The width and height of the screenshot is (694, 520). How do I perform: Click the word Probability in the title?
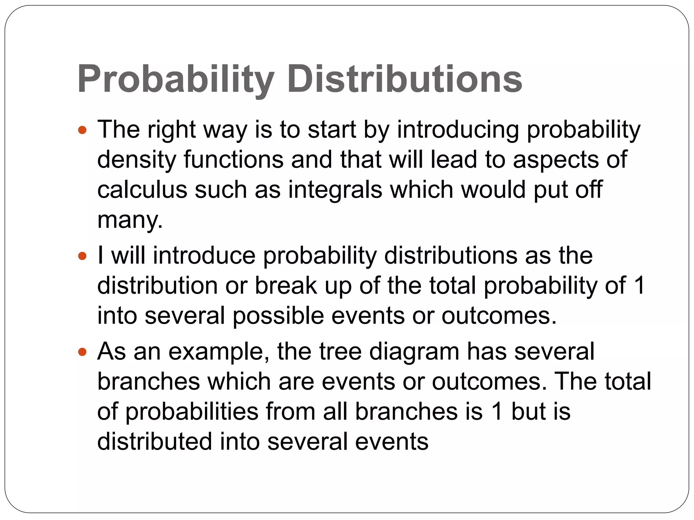pyautogui.click(x=176, y=80)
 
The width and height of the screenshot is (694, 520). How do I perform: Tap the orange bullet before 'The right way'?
pyautogui.click(x=82, y=130)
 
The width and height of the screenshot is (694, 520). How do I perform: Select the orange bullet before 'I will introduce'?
pyautogui.click(x=82, y=256)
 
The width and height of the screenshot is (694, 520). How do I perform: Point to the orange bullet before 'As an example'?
pyautogui.click(x=82, y=352)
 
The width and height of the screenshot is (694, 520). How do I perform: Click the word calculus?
pyautogui.click(x=142, y=190)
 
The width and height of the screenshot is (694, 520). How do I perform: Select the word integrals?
pyautogui.click(x=335, y=190)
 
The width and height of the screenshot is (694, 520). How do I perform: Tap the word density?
pyautogui.click(x=137, y=160)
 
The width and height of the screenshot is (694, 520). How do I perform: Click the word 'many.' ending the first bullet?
pyautogui.click(x=130, y=220)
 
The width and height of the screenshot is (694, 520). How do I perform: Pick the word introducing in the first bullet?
pyautogui.click(x=458, y=130)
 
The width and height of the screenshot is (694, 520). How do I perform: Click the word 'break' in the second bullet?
pyautogui.click(x=286, y=285)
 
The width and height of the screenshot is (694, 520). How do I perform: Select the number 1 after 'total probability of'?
pyautogui.click(x=639, y=285)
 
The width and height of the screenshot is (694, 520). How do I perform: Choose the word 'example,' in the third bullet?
pyautogui.click(x=219, y=352)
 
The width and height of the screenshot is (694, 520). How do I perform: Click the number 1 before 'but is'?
pyautogui.click(x=497, y=412)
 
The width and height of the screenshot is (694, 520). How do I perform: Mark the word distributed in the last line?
pyautogui.click(x=155, y=441)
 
